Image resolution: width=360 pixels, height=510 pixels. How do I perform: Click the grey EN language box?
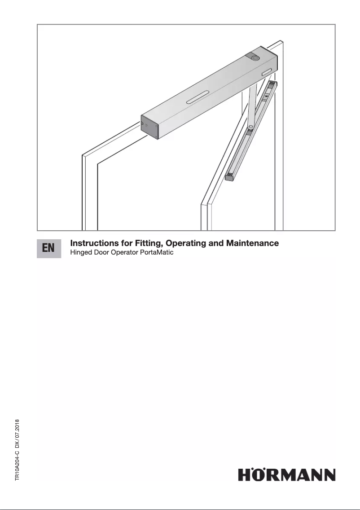click(49, 248)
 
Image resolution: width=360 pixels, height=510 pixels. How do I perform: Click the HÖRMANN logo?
click(286, 475)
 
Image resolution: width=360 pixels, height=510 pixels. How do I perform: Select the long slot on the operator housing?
click(197, 97)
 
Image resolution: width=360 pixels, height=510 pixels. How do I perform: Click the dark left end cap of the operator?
click(149, 127)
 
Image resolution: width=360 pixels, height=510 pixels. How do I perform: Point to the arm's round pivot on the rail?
click(251, 126)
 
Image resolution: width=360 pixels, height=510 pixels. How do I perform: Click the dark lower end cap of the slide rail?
click(229, 177)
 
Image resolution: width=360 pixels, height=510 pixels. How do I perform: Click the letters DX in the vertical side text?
click(17, 445)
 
